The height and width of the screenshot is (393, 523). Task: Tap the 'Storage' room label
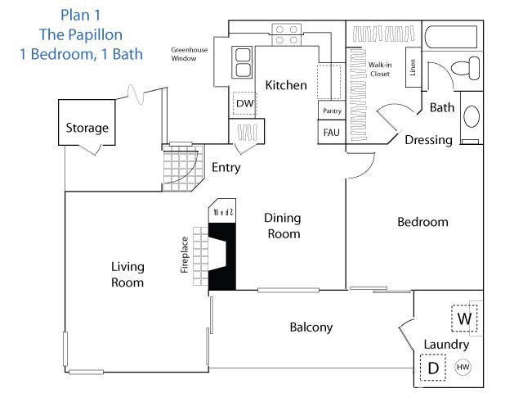point(87,129)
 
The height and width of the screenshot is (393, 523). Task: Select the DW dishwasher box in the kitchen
point(244,103)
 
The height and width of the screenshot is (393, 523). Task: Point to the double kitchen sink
point(244,56)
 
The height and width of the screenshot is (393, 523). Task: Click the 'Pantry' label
point(331,111)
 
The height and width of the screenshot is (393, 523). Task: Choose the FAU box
point(331,131)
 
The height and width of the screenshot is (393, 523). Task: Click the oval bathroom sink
point(472,116)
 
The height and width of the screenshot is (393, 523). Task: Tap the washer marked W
point(464,318)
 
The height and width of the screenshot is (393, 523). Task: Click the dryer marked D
point(433,368)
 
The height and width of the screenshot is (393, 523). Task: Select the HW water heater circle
point(463,368)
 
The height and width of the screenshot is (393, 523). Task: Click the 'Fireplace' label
point(185,254)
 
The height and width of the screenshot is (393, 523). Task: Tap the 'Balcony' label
point(311,327)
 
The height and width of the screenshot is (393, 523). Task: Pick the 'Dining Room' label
point(283,226)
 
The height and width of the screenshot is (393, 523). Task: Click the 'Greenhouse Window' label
point(188,55)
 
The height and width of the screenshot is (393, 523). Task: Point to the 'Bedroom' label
point(422,222)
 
